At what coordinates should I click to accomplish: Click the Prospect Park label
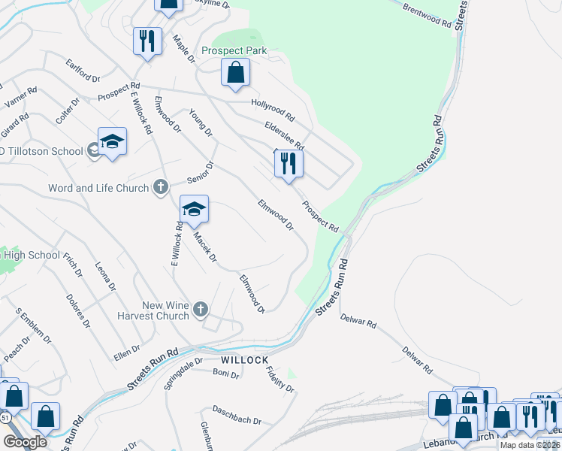(234, 51)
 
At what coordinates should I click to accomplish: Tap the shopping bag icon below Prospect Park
(236, 73)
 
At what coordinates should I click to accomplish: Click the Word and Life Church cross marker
(160, 188)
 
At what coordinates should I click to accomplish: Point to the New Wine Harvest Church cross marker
(200, 310)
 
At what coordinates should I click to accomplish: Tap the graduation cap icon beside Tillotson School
(112, 142)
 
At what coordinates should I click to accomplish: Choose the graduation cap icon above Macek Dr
(194, 210)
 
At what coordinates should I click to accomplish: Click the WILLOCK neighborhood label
(244, 360)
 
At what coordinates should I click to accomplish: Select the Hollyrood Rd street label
(273, 111)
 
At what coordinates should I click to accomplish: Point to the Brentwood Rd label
(426, 15)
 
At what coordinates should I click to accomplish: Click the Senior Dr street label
(201, 173)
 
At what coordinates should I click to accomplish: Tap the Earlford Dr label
(83, 71)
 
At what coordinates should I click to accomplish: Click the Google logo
(25, 441)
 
